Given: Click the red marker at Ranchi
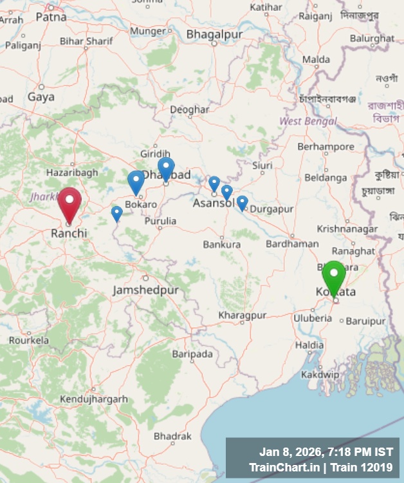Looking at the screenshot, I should point(69,203).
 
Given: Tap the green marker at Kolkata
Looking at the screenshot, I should point(334,276).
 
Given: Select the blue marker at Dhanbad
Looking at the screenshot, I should point(166,168).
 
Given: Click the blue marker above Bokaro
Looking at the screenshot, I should point(136,182).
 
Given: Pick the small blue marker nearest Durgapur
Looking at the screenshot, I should point(242,203).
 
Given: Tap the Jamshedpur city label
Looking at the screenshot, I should point(145,290).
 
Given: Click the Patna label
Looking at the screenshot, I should point(51,17).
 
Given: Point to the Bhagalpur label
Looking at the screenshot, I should point(208,33).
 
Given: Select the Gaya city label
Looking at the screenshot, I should point(41,97).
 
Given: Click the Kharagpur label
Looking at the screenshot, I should point(242,316).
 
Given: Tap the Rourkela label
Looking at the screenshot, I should point(28,340).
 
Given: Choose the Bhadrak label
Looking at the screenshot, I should point(172,437).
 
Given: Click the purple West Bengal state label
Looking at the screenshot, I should point(308,121).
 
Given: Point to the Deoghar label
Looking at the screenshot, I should point(189,110).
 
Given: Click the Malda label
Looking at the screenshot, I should point(316,60).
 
